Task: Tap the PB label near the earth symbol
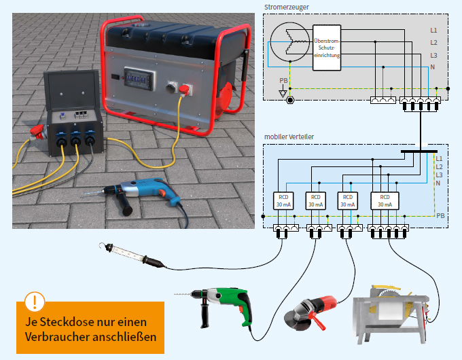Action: (283, 81)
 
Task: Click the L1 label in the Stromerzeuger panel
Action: (433, 31)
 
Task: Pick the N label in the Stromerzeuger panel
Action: (433, 67)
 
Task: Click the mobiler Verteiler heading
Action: (289, 137)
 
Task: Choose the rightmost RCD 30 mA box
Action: (384, 200)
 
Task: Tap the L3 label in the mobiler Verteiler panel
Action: (439, 175)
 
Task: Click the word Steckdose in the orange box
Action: (70, 321)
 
